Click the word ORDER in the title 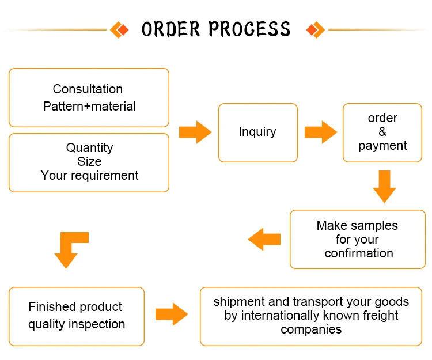(170, 29)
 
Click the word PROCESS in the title (249, 29)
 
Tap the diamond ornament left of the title (119, 30)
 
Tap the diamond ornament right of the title (316, 30)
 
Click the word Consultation (88, 89)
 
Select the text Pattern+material (89, 107)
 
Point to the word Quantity (89, 148)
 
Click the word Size (89, 161)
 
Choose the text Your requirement (89, 176)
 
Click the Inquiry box (258, 132)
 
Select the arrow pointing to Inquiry (195, 132)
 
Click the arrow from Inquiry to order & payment (321, 132)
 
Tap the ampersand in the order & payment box (382, 132)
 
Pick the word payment (382, 146)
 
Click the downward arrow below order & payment (384, 187)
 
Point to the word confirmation (359, 253)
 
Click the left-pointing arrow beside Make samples (264, 239)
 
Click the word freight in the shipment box (381, 316)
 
